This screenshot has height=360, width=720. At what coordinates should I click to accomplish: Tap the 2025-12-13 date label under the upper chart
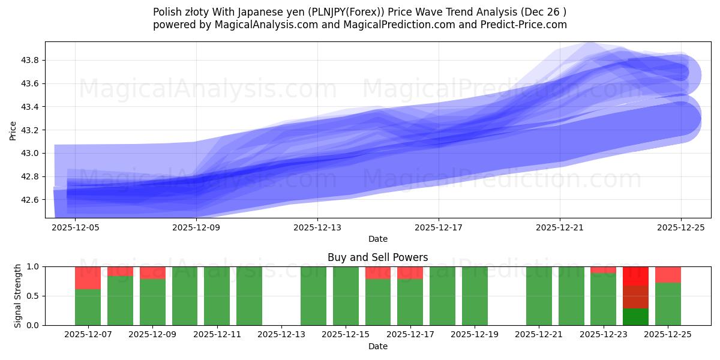[317, 227]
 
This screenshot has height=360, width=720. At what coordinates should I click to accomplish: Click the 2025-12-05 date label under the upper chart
[74, 227]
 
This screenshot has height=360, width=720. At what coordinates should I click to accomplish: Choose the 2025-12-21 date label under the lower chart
[539, 334]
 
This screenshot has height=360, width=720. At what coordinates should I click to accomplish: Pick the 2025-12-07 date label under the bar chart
[88, 334]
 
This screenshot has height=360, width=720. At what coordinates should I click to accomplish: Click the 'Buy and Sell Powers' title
[377, 257]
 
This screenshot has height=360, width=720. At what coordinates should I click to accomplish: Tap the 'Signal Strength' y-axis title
[18, 296]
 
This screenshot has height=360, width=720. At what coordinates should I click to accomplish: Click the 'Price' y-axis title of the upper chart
[13, 130]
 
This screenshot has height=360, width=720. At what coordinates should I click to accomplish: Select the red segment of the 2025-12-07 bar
[88, 278]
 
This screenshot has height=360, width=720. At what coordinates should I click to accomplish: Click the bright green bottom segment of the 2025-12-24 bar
[635, 317]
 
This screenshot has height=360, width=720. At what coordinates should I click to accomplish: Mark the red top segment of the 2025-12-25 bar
[668, 274]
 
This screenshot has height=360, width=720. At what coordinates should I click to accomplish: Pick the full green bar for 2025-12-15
[346, 296]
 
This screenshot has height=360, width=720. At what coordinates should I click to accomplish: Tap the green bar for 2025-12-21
[539, 296]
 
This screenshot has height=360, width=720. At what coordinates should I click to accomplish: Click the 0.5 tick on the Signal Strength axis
[34, 296]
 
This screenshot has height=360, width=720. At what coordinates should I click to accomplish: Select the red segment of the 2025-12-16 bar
[377, 272]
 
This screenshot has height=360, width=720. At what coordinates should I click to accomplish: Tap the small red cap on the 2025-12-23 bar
[603, 269]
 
